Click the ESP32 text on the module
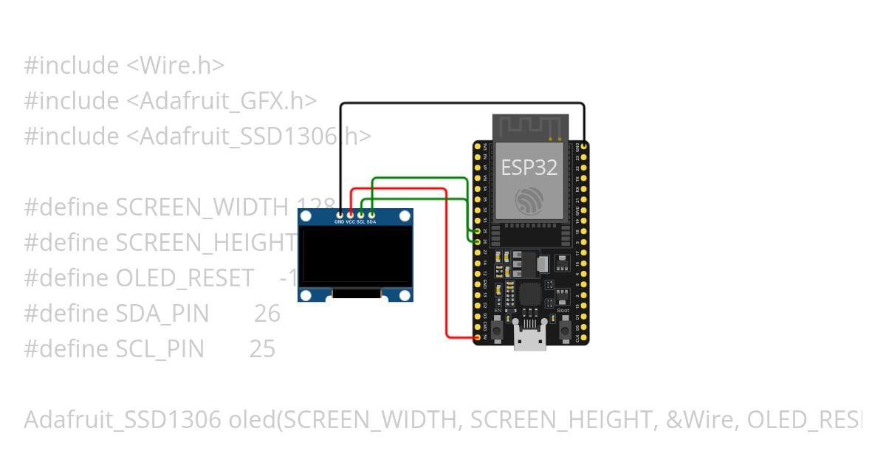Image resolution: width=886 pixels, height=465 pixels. pyautogui.click(x=529, y=167)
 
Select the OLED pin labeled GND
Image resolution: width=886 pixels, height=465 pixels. pyautogui.click(x=340, y=214)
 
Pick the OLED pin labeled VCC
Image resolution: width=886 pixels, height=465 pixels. pyautogui.click(x=350, y=214)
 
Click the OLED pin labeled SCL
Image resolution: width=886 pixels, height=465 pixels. pyautogui.click(x=361, y=214)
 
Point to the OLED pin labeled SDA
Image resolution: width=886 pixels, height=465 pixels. pyautogui.click(x=371, y=214)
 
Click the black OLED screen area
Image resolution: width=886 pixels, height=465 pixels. pyautogui.click(x=355, y=256)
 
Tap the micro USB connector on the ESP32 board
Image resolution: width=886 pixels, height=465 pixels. pyautogui.click(x=531, y=340)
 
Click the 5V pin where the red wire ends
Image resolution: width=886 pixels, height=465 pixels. pyautogui.click(x=478, y=337)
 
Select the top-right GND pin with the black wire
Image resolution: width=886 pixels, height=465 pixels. pyautogui.click(x=584, y=147)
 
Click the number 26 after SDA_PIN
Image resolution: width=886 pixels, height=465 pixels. pyautogui.click(x=267, y=314)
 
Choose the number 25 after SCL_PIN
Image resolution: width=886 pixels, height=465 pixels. pyautogui.click(x=262, y=349)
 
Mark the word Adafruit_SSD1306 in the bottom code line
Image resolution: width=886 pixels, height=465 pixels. pyautogui.click(x=123, y=420)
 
